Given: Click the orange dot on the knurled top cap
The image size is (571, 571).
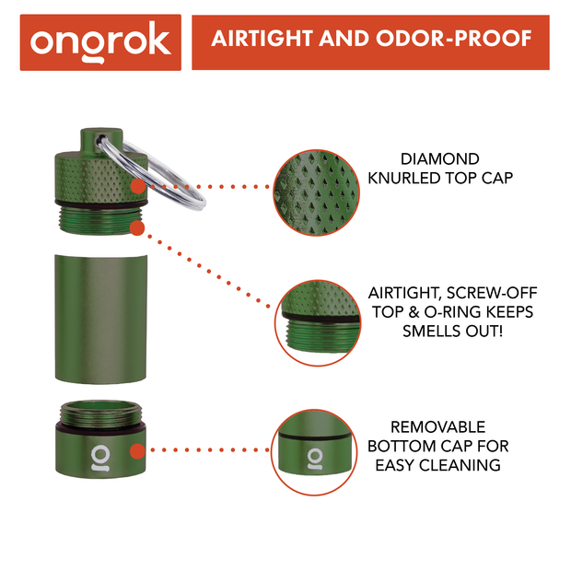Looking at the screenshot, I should tap(137, 186).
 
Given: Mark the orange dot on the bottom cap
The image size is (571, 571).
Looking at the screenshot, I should tap(137, 451).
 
